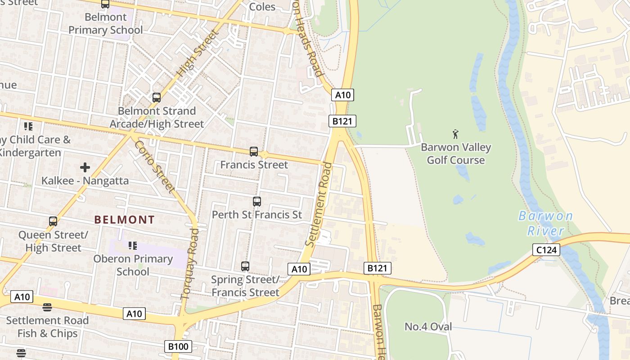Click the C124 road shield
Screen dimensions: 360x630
point(547,250)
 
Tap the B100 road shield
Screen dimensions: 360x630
point(178,346)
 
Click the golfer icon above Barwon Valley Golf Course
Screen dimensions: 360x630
point(455,134)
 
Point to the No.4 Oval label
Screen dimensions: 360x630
point(428,327)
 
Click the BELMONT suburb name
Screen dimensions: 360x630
point(125,220)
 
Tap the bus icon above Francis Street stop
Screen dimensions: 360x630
point(254,152)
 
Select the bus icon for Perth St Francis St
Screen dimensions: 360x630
point(257,202)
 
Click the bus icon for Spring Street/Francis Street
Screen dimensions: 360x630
point(245,266)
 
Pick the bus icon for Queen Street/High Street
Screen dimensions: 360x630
point(53,221)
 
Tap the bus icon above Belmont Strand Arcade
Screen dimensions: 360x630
point(157,98)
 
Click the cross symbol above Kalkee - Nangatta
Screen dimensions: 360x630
point(85,168)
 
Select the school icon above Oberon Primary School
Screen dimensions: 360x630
point(133,246)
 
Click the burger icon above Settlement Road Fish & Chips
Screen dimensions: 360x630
point(47,307)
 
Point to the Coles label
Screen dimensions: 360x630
point(262,7)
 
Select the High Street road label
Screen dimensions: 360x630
point(198,53)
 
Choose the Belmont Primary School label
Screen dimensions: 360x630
point(106,24)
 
